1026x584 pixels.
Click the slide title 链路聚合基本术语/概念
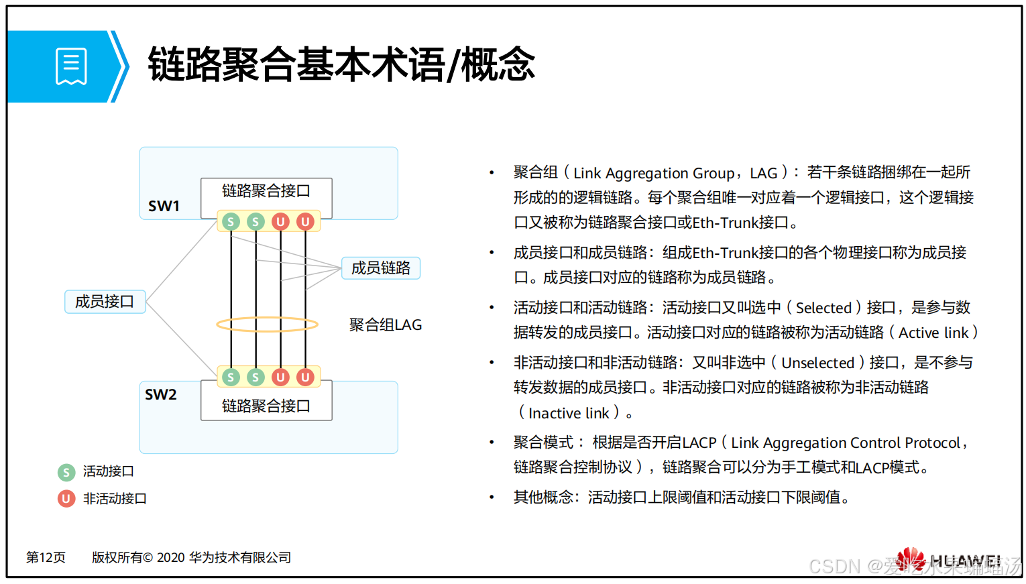[x=341, y=65]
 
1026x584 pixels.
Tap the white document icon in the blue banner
[x=71, y=66]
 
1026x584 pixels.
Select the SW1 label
[x=164, y=206]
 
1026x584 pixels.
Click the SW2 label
[x=161, y=394]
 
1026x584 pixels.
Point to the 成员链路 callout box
[x=380, y=268]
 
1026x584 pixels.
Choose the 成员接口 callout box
[x=105, y=302]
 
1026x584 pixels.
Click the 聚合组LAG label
[x=386, y=325]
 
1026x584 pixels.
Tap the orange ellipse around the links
[x=267, y=325]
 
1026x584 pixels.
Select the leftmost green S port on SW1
[x=231, y=221]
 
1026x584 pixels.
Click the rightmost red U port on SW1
[x=305, y=221]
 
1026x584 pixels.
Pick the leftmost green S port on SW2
[x=231, y=377]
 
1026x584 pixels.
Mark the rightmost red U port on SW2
[x=305, y=377]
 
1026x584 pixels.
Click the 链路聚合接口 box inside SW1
[x=266, y=192]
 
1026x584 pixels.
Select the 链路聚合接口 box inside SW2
[x=266, y=406]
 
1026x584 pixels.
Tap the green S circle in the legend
[x=66, y=472]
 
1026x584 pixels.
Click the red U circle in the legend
[x=66, y=499]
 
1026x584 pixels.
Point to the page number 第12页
[x=46, y=558]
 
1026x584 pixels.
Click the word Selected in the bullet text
[x=823, y=308]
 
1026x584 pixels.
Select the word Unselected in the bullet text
[x=817, y=363]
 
